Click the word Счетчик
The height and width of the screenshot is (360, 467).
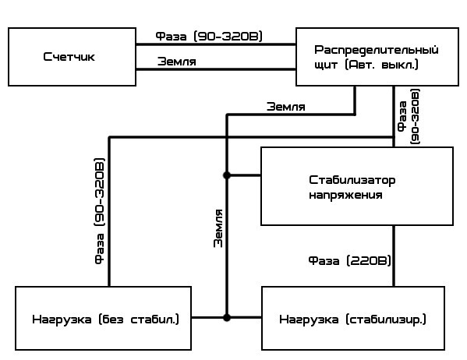point(69,57)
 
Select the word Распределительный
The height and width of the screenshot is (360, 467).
point(377,51)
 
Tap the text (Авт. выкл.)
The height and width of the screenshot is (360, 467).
point(381,65)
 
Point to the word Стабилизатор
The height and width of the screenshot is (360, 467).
point(352,181)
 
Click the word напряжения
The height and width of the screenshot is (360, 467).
point(345,196)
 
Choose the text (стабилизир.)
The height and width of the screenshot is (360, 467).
point(386,319)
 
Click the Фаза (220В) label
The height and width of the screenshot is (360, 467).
point(349,261)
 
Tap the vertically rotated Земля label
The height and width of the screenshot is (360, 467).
point(218,228)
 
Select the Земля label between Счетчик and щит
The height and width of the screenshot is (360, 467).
point(177,62)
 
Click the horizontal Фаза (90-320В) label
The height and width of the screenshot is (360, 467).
point(209,37)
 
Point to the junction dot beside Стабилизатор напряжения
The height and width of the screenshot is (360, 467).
point(227,175)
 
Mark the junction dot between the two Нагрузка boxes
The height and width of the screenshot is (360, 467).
point(227,318)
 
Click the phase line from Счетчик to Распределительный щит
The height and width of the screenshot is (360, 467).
point(216,44)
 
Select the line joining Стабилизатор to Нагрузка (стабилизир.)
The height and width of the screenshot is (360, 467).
point(394,256)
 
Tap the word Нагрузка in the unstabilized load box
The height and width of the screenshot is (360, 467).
point(62,319)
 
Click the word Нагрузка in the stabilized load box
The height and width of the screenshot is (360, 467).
point(309,319)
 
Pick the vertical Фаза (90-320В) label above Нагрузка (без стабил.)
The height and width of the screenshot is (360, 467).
point(100,211)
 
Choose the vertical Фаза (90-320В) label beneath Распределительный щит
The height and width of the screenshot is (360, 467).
point(409,117)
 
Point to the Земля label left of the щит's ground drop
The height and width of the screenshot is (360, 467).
point(286,107)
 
